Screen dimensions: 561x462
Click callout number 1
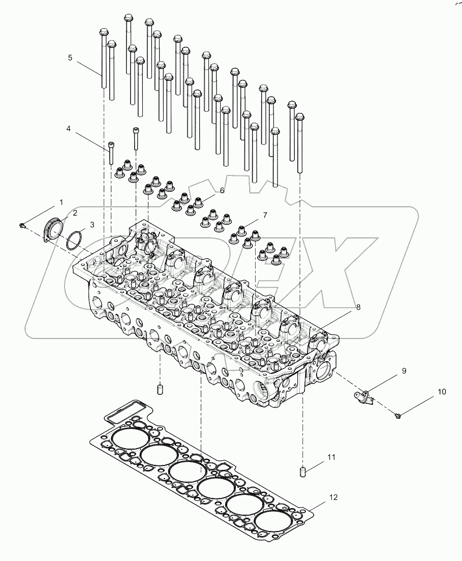[61, 202]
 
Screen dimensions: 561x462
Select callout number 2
[74, 213]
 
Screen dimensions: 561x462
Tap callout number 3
[91, 224]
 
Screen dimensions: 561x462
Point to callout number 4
[68, 129]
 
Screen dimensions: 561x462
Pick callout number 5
[70, 57]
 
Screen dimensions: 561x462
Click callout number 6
[222, 190]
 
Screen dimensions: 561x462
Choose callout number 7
[264, 216]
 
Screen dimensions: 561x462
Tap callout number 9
[404, 371]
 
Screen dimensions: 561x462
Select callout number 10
[441, 392]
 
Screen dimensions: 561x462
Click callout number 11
[331, 458]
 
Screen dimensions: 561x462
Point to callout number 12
[333, 497]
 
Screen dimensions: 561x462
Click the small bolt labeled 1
[22, 225]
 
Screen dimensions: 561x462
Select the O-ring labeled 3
[75, 239]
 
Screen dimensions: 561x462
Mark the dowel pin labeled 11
[302, 472]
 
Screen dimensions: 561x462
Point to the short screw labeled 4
[111, 153]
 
